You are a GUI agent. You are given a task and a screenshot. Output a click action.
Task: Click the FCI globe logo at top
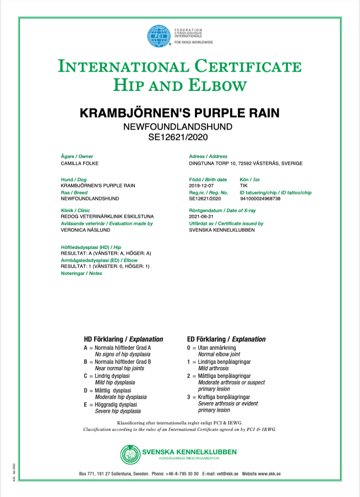(158, 36)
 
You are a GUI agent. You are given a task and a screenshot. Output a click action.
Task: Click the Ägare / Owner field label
(77, 157)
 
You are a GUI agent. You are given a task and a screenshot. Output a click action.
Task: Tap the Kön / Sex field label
(250, 180)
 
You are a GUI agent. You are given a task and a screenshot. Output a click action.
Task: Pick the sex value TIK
(244, 186)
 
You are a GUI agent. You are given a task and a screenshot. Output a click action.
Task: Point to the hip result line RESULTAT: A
(105, 253)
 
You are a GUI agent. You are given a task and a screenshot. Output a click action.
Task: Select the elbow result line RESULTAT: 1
(105, 267)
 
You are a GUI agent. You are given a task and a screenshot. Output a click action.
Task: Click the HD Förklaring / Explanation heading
(123, 339)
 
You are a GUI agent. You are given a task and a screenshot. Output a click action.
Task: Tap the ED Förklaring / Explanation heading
(226, 339)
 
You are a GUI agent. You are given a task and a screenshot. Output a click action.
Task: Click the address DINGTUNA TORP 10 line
(246, 164)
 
